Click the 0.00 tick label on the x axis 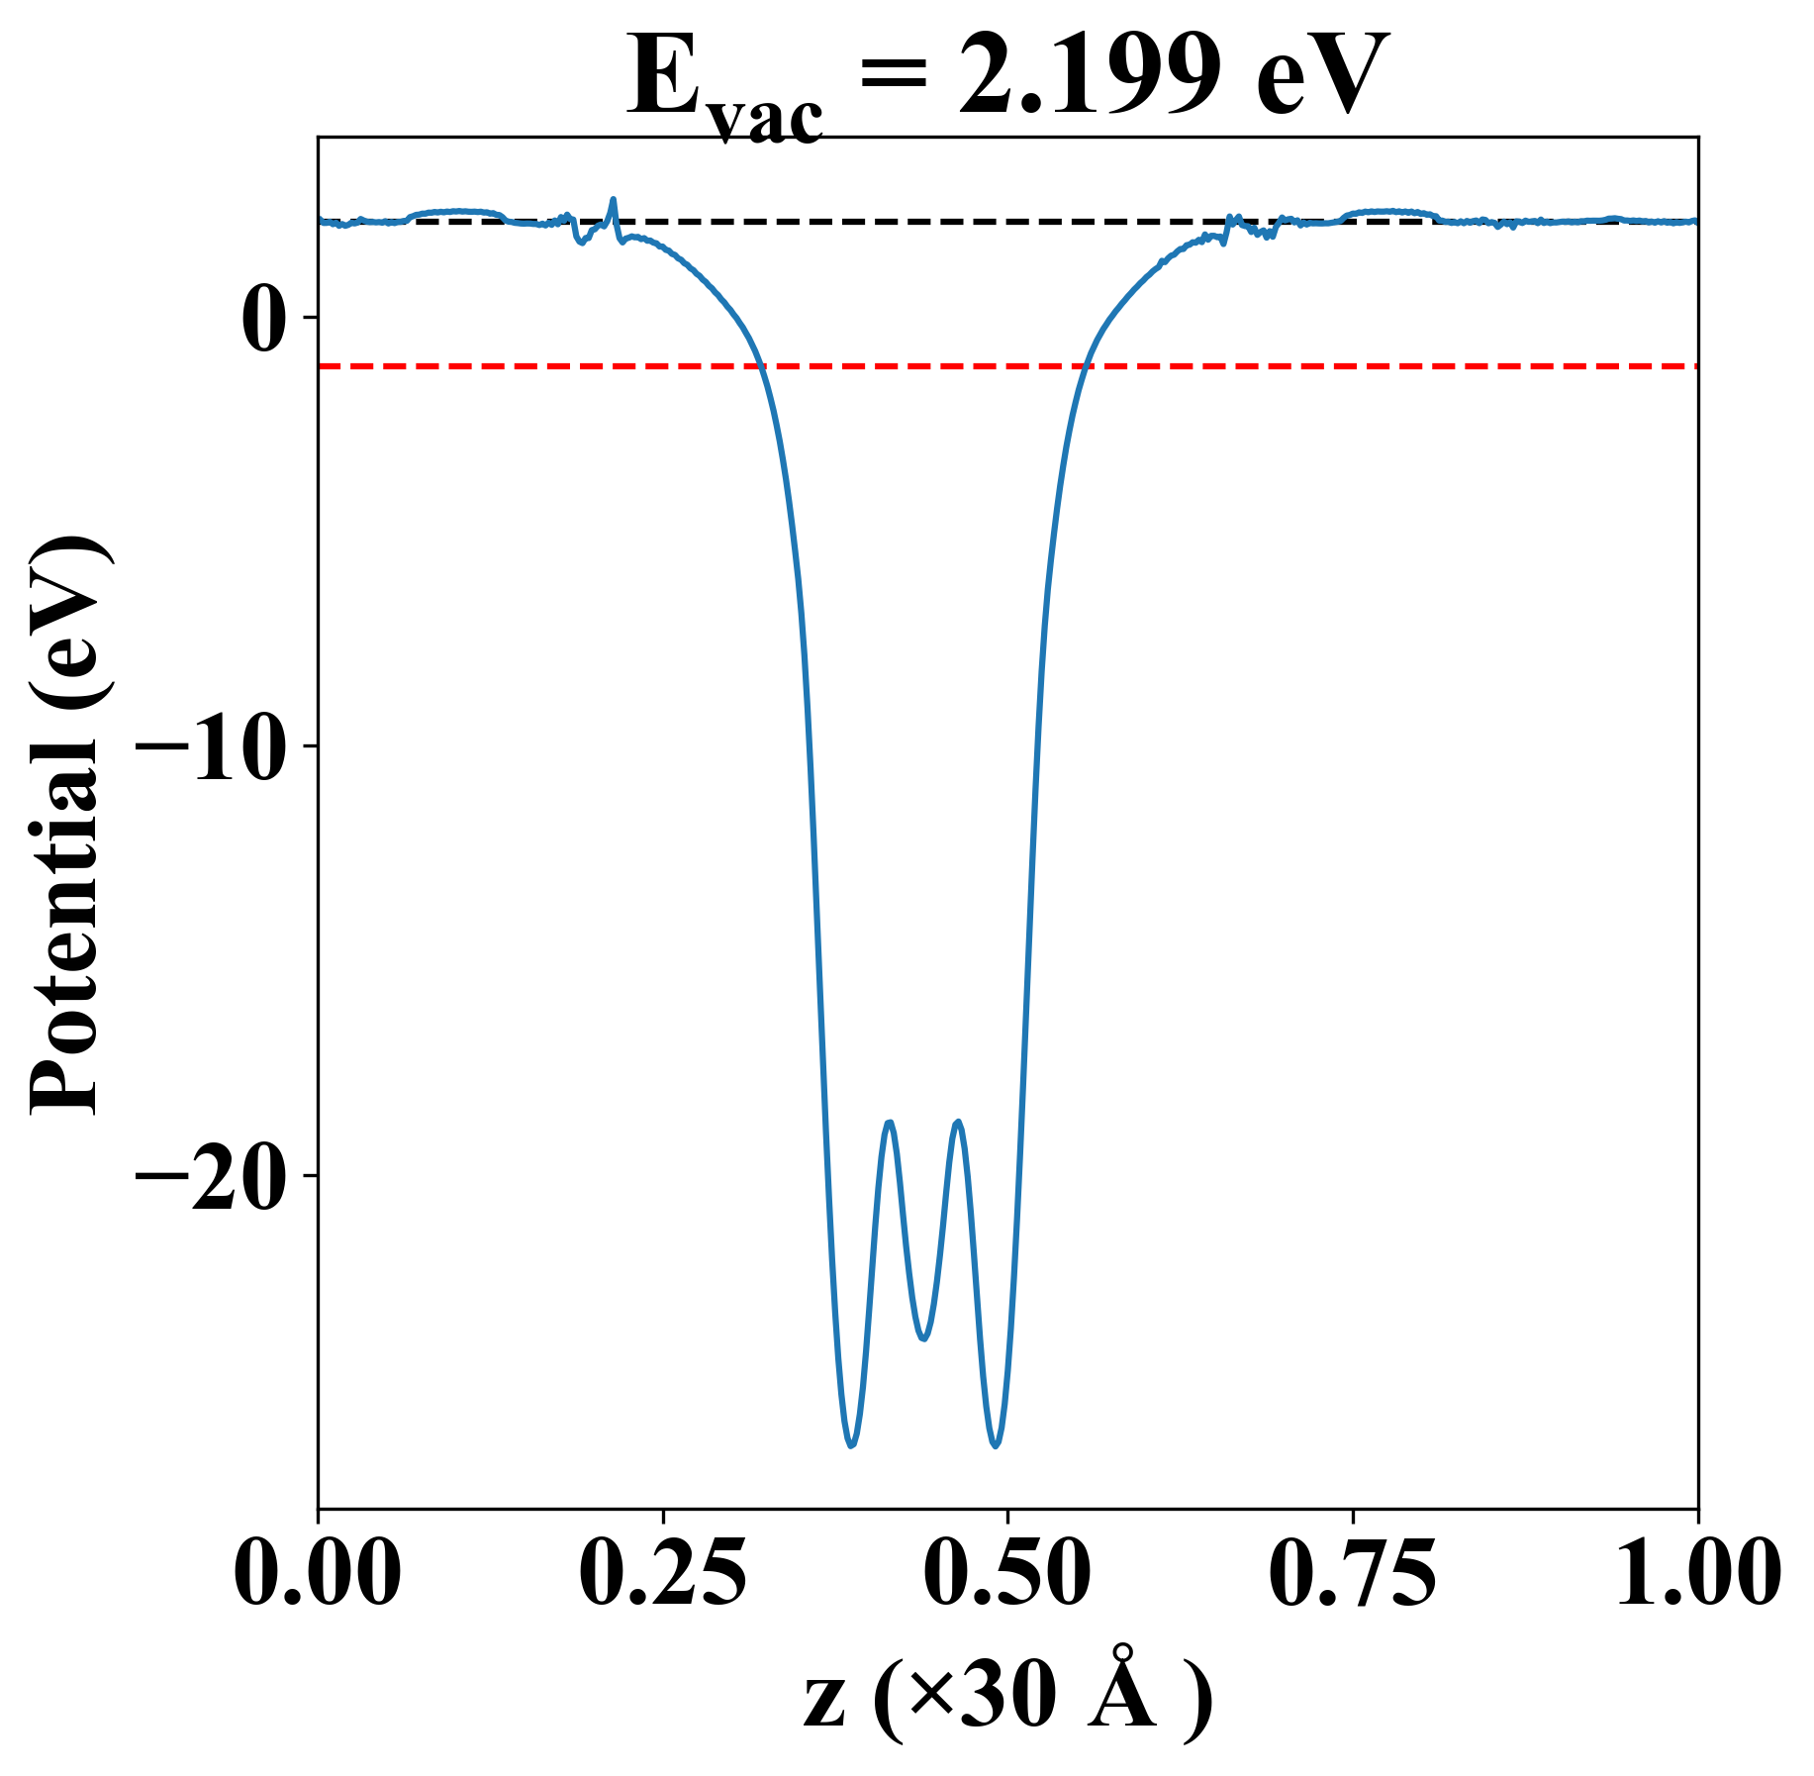coord(318,1575)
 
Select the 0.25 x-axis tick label coord(662,1575)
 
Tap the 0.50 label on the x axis coord(1007,1575)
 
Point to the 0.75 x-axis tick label coord(1352,1575)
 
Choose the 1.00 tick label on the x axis coord(1696,1575)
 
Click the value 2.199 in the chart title coord(1089,77)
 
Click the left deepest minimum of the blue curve coord(851,1446)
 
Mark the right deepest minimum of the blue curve coord(996,1446)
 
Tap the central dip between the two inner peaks coord(923,1338)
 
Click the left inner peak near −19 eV coord(891,1123)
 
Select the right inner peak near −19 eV coord(958,1123)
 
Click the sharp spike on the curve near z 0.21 coord(613,200)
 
